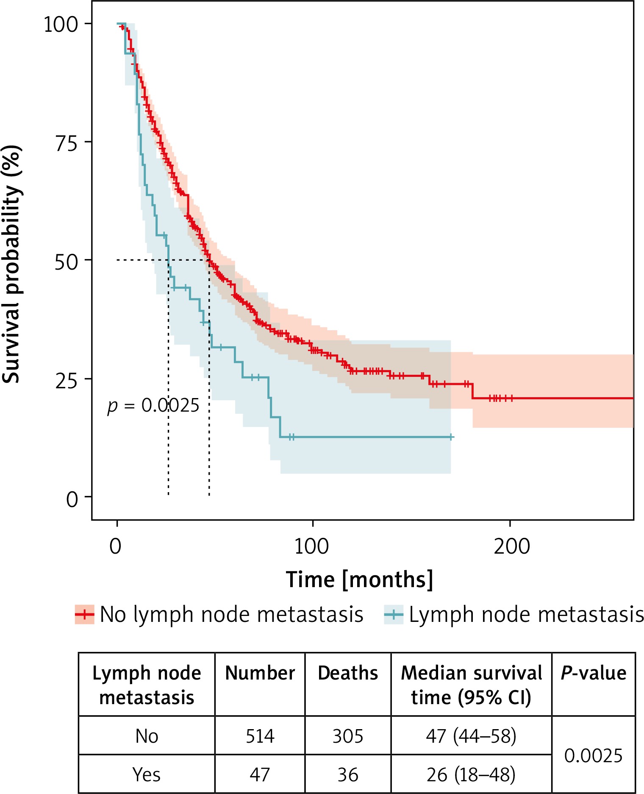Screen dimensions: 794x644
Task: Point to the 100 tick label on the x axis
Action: click(x=311, y=546)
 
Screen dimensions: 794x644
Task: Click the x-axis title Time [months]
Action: click(x=359, y=579)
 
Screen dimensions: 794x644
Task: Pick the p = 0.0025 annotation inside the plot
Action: click(x=153, y=406)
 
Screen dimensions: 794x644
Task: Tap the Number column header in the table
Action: click(x=260, y=673)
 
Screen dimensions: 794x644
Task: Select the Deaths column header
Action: click(x=348, y=673)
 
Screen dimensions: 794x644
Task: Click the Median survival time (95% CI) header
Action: click(x=471, y=685)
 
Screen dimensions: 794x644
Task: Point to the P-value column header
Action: click(x=593, y=673)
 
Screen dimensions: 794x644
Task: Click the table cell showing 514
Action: click(x=260, y=736)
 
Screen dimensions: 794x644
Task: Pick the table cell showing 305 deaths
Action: click(x=348, y=736)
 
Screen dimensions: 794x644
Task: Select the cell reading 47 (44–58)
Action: click(x=471, y=736)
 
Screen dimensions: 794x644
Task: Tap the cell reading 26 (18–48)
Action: click(x=471, y=775)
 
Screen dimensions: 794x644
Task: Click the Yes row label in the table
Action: click(x=147, y=775)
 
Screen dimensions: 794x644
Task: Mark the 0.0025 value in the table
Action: click(x=593, y=755)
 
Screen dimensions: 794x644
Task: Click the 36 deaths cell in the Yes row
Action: click(x=348, y=775)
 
